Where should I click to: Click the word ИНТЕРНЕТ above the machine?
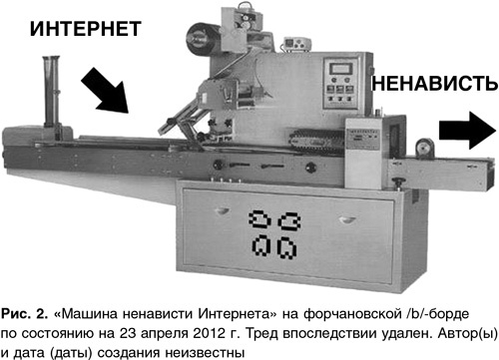[86, 29]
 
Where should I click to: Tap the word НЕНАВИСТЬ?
[435, 83]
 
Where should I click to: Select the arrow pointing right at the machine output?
[467, 131]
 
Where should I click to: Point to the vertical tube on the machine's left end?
[51, 92]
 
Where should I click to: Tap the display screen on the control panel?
[340, 69]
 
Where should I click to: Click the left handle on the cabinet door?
[223, 210]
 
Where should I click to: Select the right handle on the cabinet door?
[347, 219]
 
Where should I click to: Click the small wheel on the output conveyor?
[424, 148]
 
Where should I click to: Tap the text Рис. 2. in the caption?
[25, 314]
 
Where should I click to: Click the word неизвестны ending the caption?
[205, 353]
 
